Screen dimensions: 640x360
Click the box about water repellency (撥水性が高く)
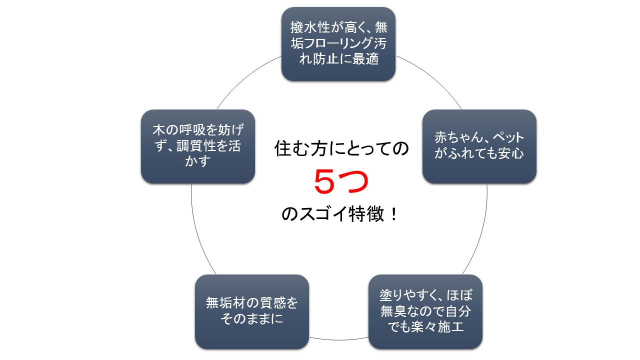pos(338,44)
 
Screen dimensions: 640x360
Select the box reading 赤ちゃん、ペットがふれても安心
pos(479,146)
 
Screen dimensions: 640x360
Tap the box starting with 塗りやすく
pos(425,311)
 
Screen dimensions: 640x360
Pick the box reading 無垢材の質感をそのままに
pos(251,311)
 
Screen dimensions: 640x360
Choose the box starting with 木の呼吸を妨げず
pos(197,146)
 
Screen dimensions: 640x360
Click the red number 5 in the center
pos(324,181)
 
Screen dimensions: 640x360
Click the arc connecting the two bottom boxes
pos(338,340)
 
